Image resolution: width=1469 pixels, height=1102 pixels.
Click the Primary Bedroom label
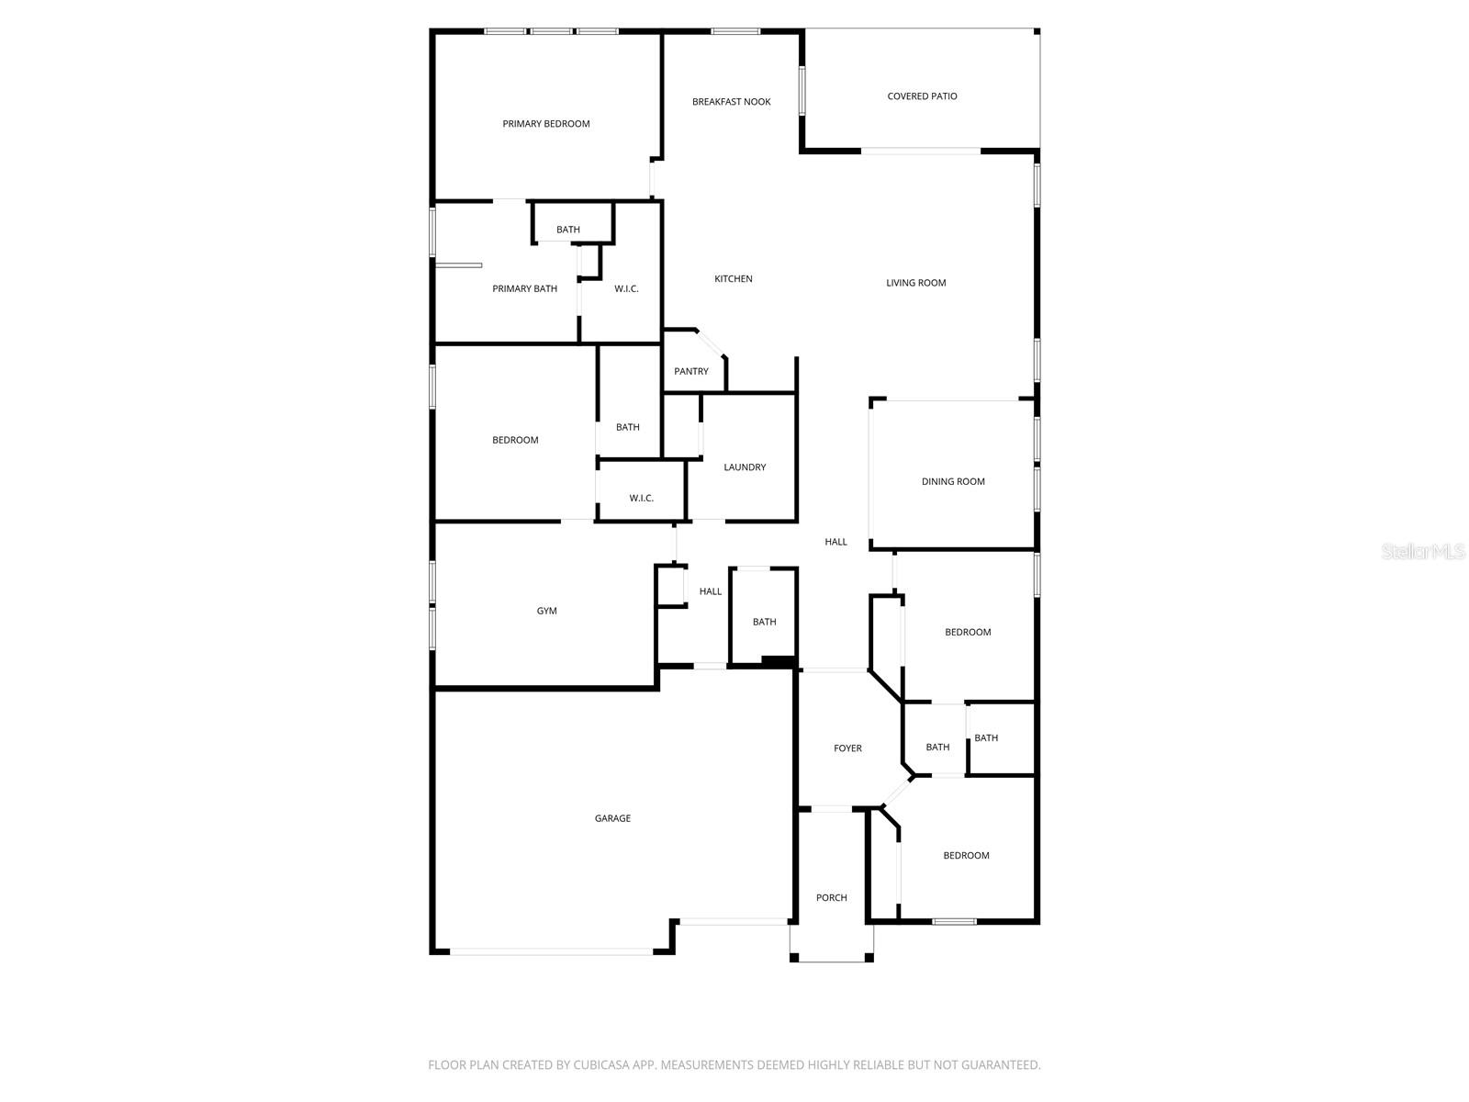point(546,124)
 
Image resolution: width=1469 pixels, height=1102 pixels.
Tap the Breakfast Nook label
point(732,102)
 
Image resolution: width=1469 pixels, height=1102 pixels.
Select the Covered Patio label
point(922,96)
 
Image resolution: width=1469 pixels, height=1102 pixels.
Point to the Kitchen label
point(734,279)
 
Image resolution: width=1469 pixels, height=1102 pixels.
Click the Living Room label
point(915,283)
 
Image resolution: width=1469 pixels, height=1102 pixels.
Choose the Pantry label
point(691,372)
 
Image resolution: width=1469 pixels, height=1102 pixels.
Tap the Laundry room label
point(745,467)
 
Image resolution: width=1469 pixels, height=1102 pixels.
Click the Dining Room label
point(953,482)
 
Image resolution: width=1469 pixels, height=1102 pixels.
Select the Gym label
point(546,611)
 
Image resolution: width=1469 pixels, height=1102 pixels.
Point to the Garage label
point(612,818)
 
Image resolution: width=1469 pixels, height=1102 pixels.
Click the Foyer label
point(847,748)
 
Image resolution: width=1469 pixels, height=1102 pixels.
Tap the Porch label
point(832,898)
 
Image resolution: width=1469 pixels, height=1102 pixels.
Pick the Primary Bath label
point(524,289)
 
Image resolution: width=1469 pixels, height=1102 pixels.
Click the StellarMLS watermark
point(1424,552)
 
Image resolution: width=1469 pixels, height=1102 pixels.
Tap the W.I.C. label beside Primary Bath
point(626,289)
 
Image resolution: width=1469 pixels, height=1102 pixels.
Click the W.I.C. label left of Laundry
point(641,499)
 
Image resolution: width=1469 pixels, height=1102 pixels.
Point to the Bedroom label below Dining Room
point(968,633)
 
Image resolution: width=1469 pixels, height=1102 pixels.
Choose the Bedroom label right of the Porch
point(966,856)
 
